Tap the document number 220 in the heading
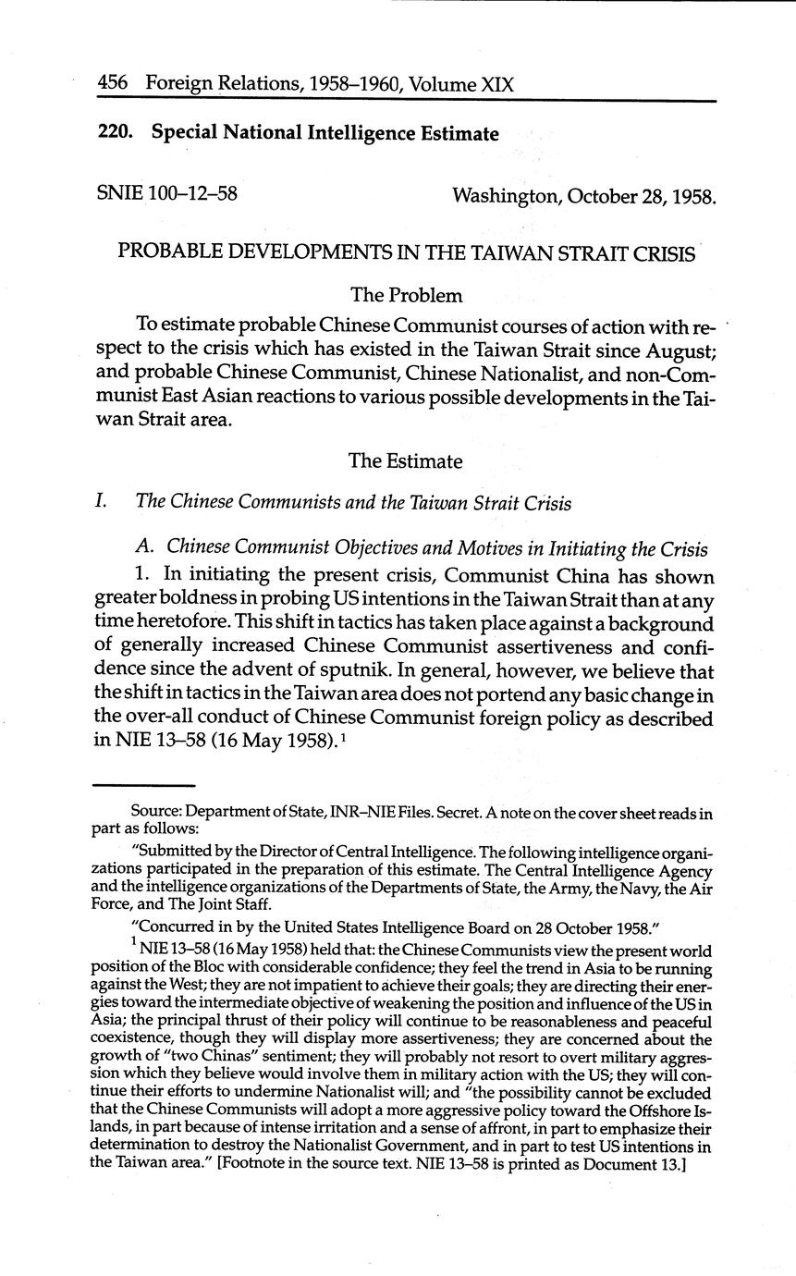point(114,133)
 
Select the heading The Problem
point(406,296)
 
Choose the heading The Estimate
point(406,460)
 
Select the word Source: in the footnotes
point(156,813)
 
